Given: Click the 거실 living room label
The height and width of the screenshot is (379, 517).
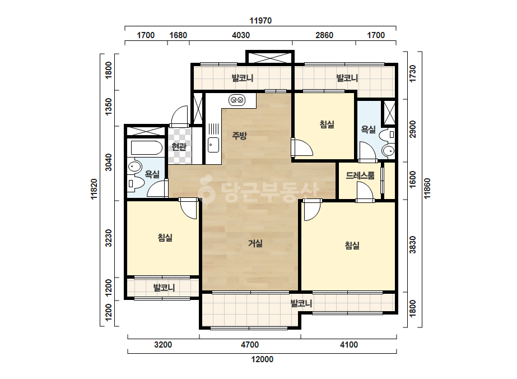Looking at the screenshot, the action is [255, 243].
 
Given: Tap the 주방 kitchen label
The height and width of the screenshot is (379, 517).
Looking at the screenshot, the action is [239, 135].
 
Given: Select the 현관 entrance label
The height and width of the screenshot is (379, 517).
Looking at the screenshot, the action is [179, 146].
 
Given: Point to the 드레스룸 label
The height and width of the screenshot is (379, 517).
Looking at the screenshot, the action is [360, 175].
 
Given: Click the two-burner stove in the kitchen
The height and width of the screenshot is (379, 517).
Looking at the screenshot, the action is [237, 99].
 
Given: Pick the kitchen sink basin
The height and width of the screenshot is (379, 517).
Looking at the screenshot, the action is [213, 145].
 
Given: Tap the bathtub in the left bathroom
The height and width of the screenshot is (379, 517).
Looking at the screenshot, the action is [147, 148].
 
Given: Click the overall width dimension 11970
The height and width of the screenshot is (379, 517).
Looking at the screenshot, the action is [260, 21].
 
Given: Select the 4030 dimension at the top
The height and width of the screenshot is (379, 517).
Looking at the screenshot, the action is [241, 35].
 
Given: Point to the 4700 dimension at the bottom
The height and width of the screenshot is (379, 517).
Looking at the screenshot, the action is [250, 345].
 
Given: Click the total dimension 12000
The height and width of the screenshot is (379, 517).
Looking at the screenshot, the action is [262, 359].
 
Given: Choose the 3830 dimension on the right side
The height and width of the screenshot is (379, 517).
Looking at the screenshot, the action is [412, 244].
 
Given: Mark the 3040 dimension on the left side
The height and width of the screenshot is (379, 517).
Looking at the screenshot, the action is [109, 163].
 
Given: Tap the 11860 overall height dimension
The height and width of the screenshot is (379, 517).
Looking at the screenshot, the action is [427, 188].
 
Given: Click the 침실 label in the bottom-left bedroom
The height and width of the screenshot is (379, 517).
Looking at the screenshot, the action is [165, 237].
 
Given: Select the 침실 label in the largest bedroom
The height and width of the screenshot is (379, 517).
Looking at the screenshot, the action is [352, 246].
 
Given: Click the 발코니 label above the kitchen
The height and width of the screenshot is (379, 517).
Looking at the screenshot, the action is [243, 78].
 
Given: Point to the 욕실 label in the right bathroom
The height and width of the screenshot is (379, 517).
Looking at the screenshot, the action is [369, 129].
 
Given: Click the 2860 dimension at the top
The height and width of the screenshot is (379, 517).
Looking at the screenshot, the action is [324, 35].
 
